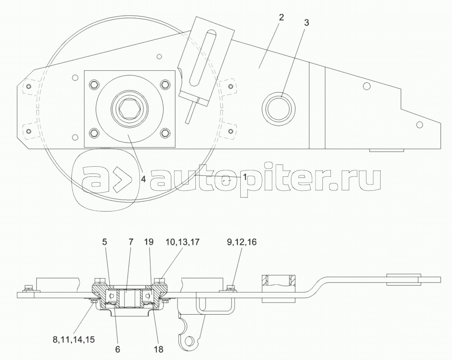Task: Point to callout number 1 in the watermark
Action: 245,177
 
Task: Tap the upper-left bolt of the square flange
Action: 94,85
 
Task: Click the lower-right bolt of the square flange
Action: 164,133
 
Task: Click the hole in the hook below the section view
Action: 192,340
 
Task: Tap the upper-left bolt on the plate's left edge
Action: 28,87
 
